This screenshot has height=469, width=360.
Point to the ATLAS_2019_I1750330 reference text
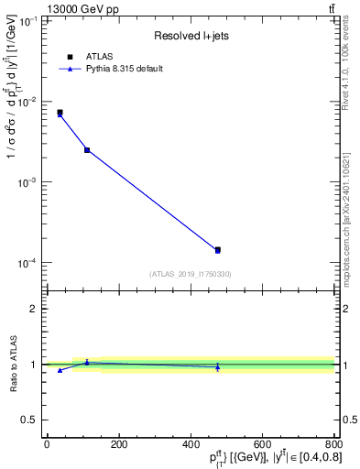pos(190,273)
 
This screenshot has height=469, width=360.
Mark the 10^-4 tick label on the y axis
pos(26,264)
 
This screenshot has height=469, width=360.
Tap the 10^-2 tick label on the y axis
pos(26,102)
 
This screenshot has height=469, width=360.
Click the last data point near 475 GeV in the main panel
pos(217,249)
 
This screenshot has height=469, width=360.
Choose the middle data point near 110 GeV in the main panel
pos(87,149)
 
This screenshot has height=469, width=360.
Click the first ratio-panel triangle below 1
pos(60,370)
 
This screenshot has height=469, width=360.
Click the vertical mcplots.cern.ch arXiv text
pos(350,220)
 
